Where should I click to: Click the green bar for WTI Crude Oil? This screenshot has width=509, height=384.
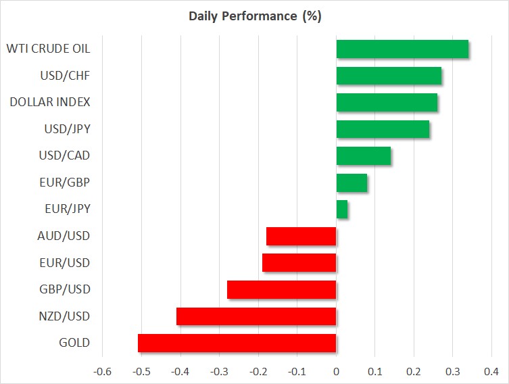402,49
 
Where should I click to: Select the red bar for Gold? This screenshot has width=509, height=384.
237,343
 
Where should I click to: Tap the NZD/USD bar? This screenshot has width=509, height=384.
256,316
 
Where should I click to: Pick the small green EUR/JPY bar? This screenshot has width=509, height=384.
342,210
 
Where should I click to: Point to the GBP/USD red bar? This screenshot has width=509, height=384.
282,289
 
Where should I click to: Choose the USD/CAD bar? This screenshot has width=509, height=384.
364,155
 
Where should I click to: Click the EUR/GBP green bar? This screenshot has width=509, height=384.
352,183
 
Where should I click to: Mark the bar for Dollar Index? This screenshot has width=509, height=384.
387,103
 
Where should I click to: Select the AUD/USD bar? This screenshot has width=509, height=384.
301,236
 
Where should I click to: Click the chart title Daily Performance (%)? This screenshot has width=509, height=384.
255,16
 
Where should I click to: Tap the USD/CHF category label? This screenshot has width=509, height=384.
65,76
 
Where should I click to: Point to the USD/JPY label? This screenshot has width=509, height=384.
67,129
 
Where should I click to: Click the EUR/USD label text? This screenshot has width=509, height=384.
65,263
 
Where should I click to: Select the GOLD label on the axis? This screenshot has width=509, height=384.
74,343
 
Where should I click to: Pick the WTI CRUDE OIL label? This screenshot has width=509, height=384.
49,49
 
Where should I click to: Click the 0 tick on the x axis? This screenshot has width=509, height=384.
337,371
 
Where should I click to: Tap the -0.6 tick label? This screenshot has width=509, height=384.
102,371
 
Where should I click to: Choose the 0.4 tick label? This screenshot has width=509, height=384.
491,371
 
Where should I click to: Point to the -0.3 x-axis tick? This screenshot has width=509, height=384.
219,371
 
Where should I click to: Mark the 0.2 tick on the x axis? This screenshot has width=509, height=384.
414,371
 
